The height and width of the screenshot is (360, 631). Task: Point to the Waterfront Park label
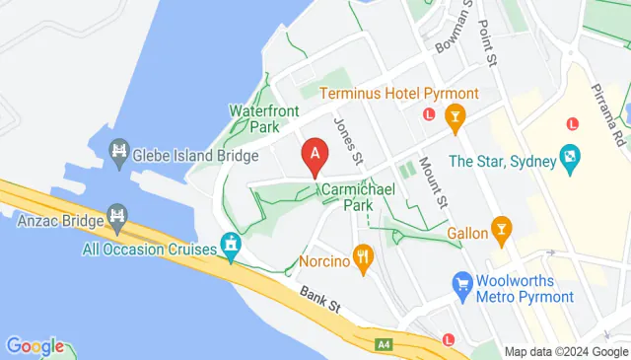(263, 118)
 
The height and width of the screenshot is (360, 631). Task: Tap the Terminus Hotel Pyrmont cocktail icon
(455, 117)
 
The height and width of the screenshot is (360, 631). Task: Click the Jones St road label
(348, 142)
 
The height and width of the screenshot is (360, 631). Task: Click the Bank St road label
(320, 299)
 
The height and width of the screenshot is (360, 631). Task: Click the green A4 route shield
(385, 344)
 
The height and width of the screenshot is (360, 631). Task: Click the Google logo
(35, 346)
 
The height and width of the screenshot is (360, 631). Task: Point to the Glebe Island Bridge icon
(119, 152)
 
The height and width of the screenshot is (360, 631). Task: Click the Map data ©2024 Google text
(566, 351)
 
